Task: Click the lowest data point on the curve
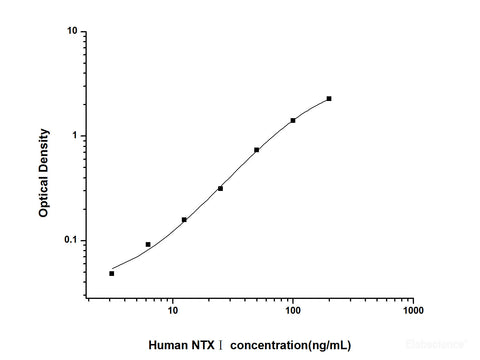click(112, 273)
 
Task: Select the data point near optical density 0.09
click(148, 244)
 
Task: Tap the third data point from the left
click(184, 220)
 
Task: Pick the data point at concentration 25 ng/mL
click(220, 188)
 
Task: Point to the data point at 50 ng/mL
click(257, 150)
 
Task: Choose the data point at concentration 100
click(293, 120)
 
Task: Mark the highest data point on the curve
click(329, 98)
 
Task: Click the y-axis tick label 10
click(73, 31)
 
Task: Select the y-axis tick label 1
click(76, 136)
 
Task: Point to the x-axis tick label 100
click(293, 311)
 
